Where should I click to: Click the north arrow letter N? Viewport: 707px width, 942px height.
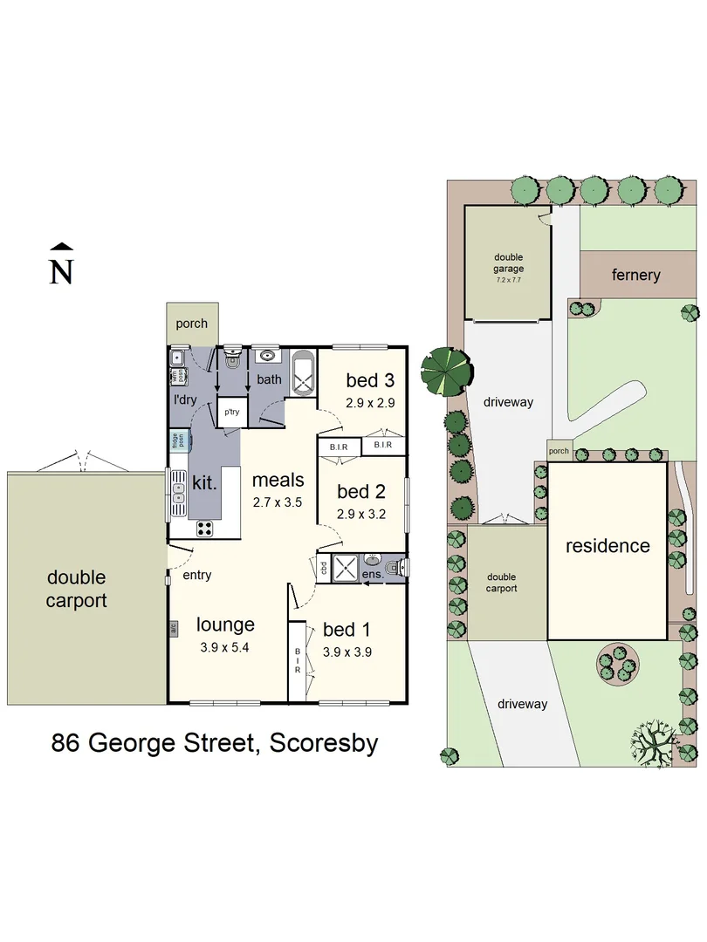click(x=60, y=271)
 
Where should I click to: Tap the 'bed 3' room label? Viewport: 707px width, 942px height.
click(x=370, y=380)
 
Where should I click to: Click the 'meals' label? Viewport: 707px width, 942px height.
click(x=278, y=480)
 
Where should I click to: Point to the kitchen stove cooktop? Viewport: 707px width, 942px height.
click(x=205, y=527)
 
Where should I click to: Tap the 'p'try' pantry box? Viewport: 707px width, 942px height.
click(x=231, y=411)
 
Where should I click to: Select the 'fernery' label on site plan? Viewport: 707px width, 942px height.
click(x=635, y=276)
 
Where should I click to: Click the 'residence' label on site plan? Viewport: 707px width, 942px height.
click(x=607, y=546)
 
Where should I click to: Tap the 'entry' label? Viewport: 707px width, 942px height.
click(x=196, y=575)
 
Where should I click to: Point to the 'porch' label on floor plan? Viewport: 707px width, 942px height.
click(x=191, y=323)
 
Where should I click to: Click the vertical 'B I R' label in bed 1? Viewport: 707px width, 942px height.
click(x=297, y=661)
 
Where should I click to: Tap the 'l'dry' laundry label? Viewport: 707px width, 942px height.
click(x=184, y=399)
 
